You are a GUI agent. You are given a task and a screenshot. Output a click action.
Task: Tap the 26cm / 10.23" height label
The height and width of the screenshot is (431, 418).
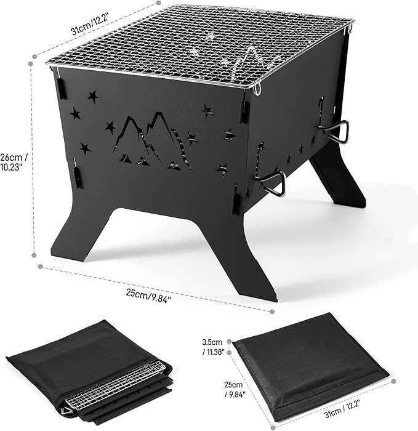tap(13, 162)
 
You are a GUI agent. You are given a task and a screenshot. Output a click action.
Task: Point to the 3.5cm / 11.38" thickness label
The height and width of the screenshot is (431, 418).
tap(213, 347)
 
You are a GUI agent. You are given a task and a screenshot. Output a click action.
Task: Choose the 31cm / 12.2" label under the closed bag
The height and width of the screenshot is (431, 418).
tap(342, 408)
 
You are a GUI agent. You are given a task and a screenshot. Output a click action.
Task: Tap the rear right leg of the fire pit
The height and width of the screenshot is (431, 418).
tap(339, 176)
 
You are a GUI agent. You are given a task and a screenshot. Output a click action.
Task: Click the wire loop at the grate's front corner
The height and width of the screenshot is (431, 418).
tap(257, 90)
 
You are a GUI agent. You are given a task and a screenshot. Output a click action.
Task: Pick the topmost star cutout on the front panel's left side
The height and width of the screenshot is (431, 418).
tap(93, 96)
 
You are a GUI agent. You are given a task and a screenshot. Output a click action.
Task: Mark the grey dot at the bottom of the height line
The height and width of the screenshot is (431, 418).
tap(34, 256)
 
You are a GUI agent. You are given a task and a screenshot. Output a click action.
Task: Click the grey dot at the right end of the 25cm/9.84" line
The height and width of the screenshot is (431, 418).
tap(272, 312)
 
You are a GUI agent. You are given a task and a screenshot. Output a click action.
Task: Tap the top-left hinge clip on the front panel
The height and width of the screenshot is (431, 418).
tap(62, 88)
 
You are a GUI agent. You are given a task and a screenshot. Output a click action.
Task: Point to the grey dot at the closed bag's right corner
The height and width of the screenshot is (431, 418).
tap(393, 382)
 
